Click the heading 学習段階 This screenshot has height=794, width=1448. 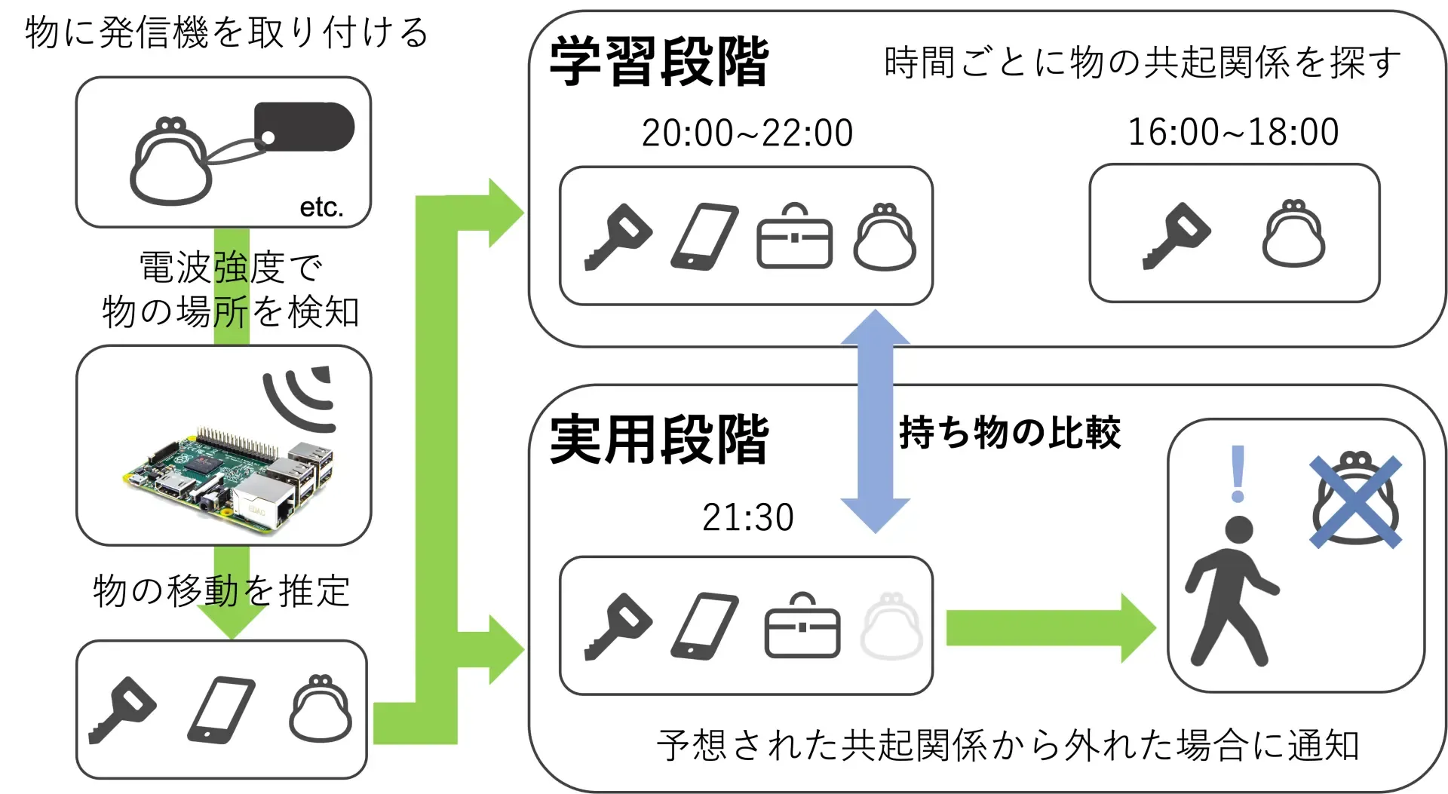658,62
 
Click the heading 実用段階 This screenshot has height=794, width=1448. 658,440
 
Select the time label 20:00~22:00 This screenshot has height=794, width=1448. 747,133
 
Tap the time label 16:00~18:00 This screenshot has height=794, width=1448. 1233,133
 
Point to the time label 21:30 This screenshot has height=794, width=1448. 747,517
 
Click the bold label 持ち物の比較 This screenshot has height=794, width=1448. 1009,433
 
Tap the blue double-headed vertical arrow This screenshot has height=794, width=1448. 875,421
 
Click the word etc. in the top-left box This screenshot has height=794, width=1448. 321,207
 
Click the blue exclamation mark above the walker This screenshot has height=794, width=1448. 1237,474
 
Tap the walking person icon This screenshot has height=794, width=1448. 1229,592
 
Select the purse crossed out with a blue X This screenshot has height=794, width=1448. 1355,501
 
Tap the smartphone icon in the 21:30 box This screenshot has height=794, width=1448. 704,626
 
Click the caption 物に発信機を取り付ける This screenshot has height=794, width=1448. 226,33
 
